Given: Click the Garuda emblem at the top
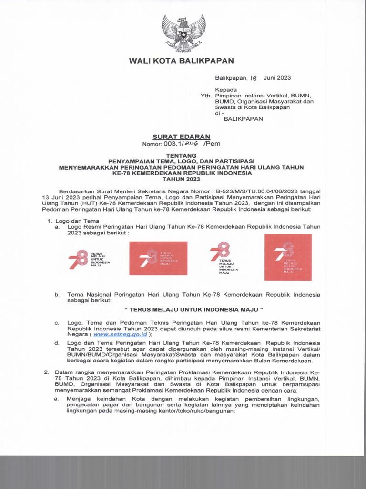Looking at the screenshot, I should tap(183, 33).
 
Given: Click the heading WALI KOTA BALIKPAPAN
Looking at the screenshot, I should tap(181, 61).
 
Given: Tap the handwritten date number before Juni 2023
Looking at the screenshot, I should tap(254, 78).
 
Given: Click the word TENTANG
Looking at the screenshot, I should tap(181, 156).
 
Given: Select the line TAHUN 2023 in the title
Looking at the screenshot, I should tap(181, 179).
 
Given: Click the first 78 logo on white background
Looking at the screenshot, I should tap(90, 259).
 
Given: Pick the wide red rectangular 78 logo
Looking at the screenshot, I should tap(158, 258).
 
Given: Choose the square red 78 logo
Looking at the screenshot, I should tap(288, 257).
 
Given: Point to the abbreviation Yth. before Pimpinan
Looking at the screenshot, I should tap(206, 96).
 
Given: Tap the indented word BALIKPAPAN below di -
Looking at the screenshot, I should tap(243, 119).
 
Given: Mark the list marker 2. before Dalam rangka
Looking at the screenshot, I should tap(47, 372).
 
